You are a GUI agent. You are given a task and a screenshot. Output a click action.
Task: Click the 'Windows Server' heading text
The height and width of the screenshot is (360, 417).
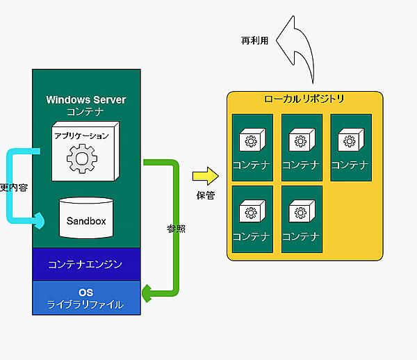86,99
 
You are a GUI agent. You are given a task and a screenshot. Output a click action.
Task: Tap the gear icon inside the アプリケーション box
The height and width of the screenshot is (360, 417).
81,158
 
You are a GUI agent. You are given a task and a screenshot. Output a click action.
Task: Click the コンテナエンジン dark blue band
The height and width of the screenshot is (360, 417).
86,264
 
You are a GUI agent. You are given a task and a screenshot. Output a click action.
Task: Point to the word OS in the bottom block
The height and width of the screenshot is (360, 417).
86,292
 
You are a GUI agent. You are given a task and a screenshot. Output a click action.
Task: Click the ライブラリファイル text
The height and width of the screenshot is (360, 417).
86,304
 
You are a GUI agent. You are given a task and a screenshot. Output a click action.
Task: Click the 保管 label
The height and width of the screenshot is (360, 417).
206,195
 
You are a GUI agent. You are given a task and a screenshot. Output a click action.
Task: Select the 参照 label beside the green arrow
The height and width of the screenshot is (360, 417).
176,229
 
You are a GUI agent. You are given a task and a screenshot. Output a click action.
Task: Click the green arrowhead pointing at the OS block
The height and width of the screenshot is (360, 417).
147,293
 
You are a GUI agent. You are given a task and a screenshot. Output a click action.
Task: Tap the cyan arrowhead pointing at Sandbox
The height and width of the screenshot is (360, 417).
40,220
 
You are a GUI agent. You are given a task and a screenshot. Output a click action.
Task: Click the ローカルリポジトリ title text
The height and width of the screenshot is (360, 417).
304,99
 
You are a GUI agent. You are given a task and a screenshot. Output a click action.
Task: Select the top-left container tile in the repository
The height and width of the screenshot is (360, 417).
252,147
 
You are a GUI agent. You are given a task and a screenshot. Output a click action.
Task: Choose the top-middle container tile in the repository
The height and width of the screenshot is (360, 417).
302,147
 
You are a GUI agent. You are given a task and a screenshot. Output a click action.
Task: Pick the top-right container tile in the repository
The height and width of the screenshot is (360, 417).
350,147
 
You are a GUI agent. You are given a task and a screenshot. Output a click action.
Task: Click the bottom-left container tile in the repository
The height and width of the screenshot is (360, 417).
252,219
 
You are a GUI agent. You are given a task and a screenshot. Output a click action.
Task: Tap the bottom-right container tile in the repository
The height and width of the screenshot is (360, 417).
302,219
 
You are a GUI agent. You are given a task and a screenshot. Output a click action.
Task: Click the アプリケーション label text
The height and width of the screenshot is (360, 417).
82,136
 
